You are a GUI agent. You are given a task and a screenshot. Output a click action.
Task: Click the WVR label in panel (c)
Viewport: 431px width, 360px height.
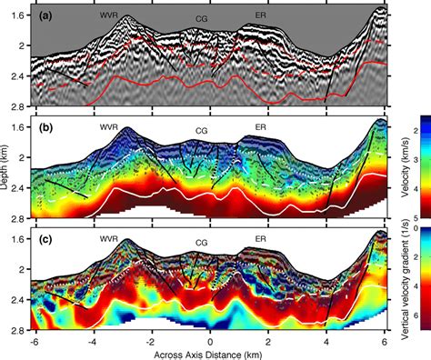110,239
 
